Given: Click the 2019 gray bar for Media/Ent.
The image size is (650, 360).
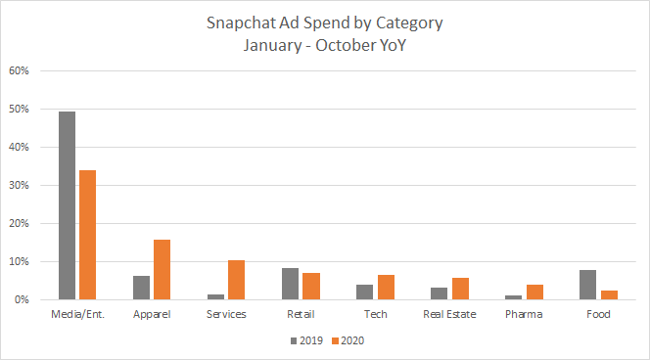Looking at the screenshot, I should [x=68, y=205].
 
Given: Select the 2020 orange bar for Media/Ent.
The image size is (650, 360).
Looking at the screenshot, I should [x=87, y=235].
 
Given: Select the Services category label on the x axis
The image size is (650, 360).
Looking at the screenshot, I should [x=226, y=314].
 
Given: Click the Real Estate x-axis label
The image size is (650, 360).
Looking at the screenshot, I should [x=449, y=314].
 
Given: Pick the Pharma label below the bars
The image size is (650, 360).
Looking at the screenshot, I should [x=524, y=314].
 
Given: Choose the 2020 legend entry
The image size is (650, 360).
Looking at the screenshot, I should [x=348, y=340].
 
